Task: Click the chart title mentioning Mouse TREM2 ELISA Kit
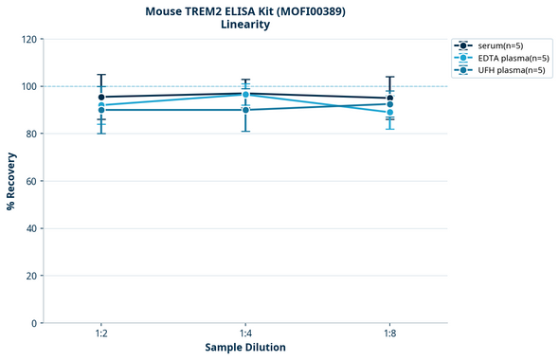pos(244,11)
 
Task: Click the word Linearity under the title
pos(244,26)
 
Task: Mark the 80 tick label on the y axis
pos(31,135)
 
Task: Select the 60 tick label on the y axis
pos(31,182)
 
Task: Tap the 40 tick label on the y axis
pos(31,229)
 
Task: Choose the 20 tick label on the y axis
pos(31,277)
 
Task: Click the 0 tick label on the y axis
pos(34,324)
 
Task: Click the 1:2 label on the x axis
pos(100,334)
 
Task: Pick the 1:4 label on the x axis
pos(245,334)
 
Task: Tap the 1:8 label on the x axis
pos(389,334)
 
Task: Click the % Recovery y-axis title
pos(11,181)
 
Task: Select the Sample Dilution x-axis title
pos(245,348)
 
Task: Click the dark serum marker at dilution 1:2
pos(101,97)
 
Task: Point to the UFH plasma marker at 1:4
pos(245,110)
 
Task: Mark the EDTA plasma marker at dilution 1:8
pos(389,113)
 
